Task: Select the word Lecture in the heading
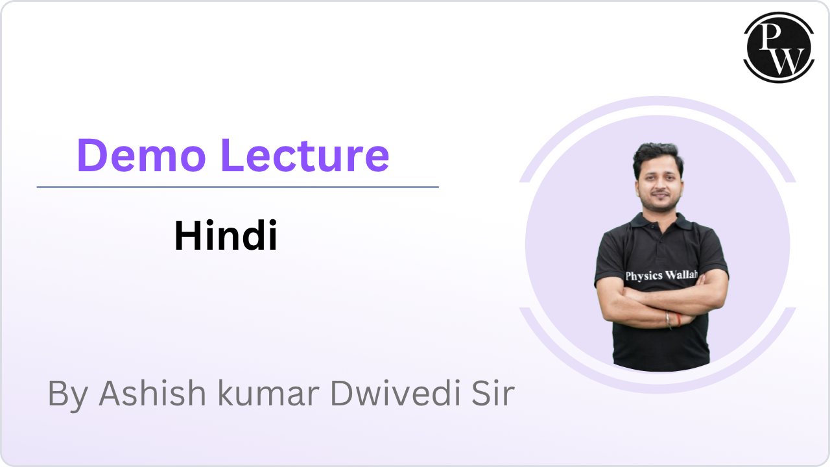[x=305, y=156]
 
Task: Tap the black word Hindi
[x=226, y=236]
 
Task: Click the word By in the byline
[x=67, y=394]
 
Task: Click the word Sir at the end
[x=491, y=394]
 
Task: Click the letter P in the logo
[x=770, y=37]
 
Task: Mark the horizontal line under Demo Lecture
[x=237, y=187]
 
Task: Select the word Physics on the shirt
[x=644, y=276]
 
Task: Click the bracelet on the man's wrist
[x=669, y=319]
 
